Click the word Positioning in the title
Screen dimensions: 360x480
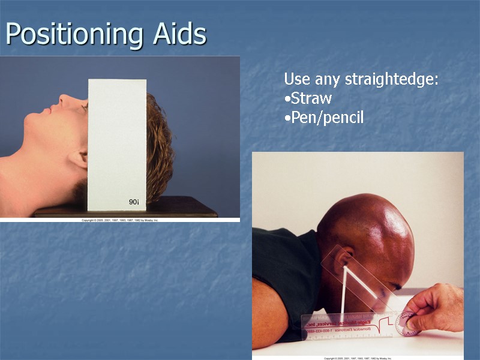(72, 34)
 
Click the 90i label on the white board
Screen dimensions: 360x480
(133, 202)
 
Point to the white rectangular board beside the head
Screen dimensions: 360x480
(117, 144)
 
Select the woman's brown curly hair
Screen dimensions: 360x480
(159, 144)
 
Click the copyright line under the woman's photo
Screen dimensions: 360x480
(120, 220)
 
